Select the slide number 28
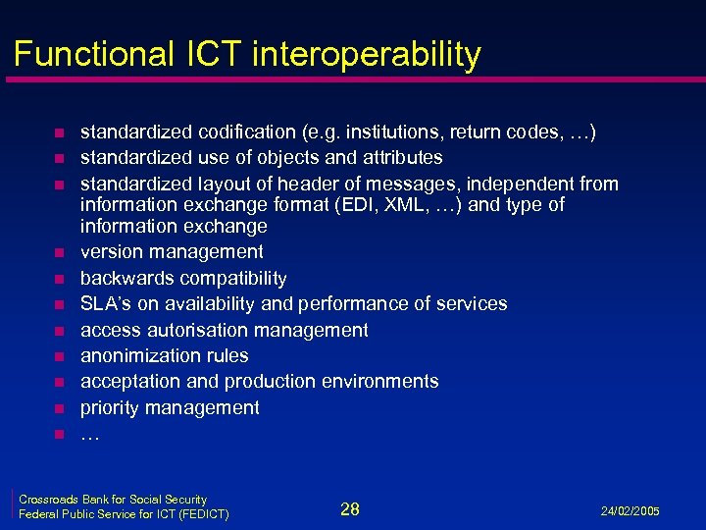(350, 508)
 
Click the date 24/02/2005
(629, 511)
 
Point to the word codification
(247, 132)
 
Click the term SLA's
(104, 303)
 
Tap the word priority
(109, 407)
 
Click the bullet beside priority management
(59, 408)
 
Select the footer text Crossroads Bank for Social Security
(113, 500)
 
